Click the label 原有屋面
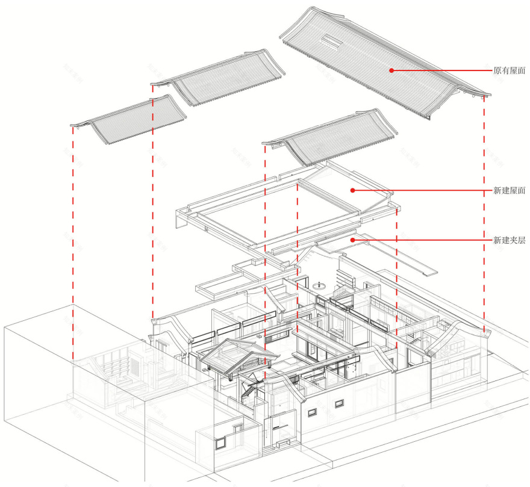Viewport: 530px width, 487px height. (509, 70)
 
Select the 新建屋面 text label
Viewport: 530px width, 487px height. (509, 191)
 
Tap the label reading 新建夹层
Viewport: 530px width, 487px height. (509, 240)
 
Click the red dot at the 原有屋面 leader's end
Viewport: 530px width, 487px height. (391, 70)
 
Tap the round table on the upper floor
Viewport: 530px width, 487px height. (320, 284)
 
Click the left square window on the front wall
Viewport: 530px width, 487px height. (312, 412)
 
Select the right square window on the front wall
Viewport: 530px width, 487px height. (344, 402)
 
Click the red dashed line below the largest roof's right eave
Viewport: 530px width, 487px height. (484, 211)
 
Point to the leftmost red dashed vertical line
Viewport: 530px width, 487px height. (73, 241)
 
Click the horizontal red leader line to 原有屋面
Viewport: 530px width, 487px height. (440, 70)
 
